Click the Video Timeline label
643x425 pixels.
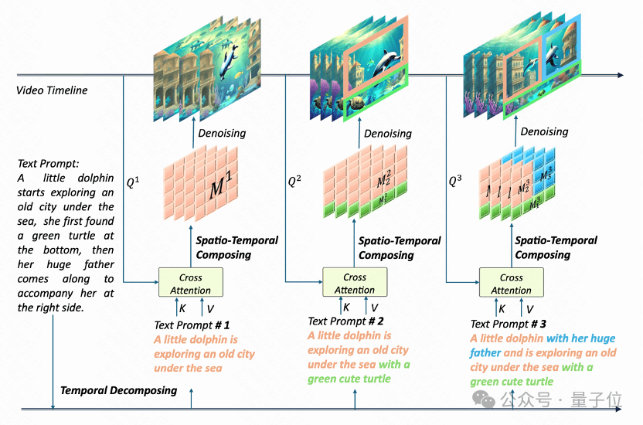[52, 90]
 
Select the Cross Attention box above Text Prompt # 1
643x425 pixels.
[190, 284]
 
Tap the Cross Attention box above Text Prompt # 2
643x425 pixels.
[355, 284]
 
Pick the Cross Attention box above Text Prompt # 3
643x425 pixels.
[511, 284]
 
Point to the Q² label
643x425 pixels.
[294, 182]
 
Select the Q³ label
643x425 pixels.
[457, 182]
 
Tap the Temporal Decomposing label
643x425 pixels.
[118, 390]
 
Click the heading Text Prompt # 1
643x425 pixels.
[192, 325]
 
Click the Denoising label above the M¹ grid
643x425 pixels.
[222, 133]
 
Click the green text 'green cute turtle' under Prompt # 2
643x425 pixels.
[349, 379]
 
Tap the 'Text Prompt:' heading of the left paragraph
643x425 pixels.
[47, 164]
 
